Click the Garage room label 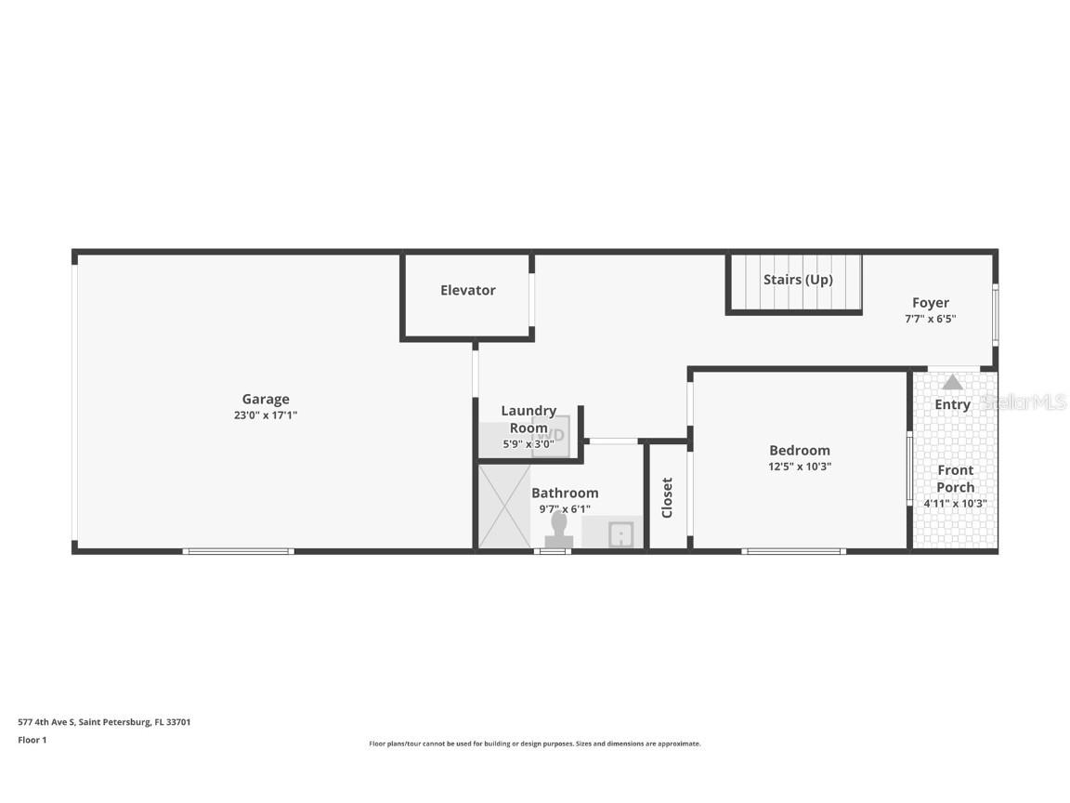tap(266, 400)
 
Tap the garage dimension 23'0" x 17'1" tap(266, 415)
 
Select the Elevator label tap(467, 290)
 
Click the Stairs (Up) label tap(798, 280)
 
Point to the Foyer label tap(930, 303)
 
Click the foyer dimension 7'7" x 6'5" tap(930, 319)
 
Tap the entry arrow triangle tap(952, 382)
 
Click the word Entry tap(952, 404)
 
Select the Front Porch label tap(955, 479)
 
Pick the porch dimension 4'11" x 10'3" tap(955, 504)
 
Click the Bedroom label tap(799, 451)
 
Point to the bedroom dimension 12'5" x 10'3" tap(799, 467)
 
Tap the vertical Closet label tap(667, 497)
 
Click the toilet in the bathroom tap(558, 531)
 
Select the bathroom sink tap(620, 534)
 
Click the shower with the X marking tap(504, 507)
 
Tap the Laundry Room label tap(528, 419)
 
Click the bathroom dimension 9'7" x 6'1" tap(565, 508)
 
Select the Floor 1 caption tap(32, 741)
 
